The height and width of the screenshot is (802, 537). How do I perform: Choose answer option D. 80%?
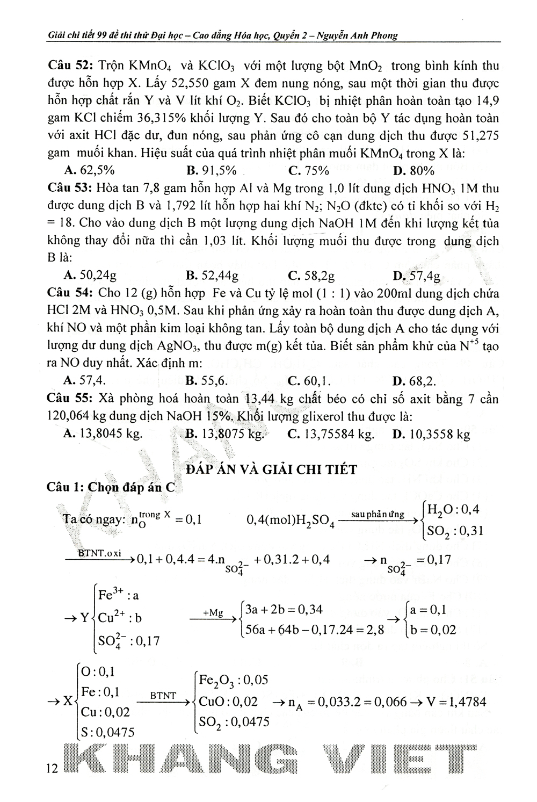[413, 171]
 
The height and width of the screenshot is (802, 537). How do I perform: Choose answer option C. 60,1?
[309, 381]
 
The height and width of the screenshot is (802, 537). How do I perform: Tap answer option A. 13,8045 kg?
[103, 434]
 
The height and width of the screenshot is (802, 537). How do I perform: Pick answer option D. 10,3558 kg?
[431, 434]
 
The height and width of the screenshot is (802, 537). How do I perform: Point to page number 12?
[52, 769]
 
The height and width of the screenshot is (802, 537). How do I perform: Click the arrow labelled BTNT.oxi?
[99, 555]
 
